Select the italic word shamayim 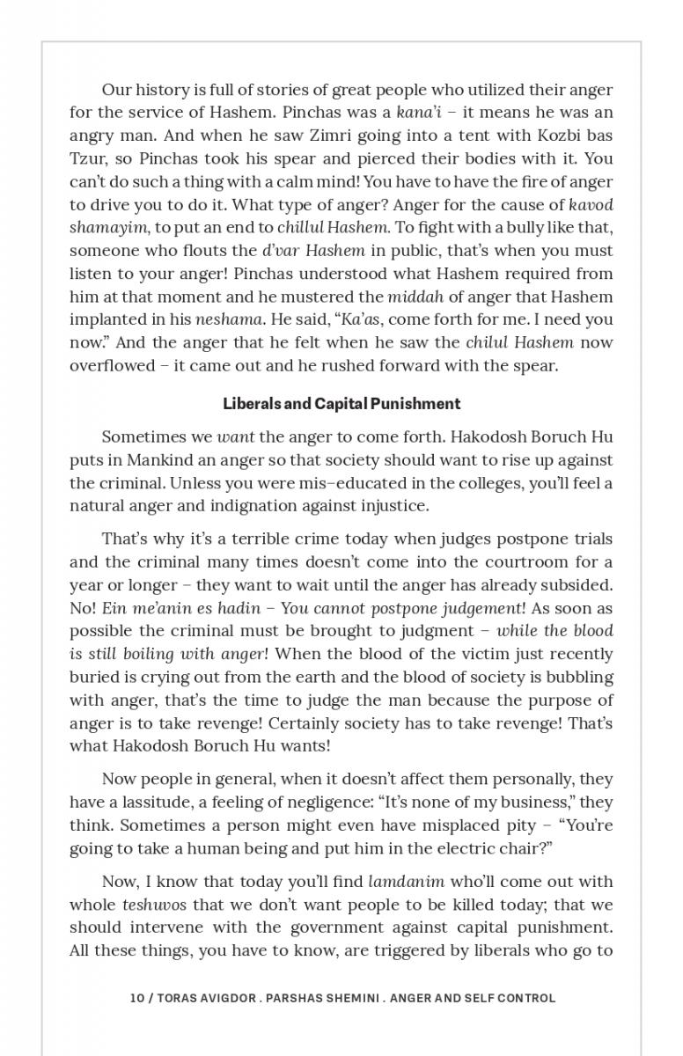[106, 227]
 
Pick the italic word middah [415, 297]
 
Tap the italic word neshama [220, 319]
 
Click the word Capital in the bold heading [341, 404]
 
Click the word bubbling [574, 678]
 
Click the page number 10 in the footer [136, 998]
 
